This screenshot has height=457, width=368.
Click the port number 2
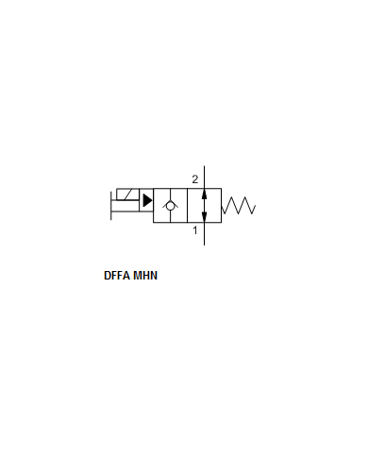pos(195,179)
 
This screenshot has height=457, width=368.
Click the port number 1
pos(195,229)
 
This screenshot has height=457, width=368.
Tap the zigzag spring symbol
pos(240,205)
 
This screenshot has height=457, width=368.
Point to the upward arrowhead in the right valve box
pos(205,193)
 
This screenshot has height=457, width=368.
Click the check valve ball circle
pos(171,205)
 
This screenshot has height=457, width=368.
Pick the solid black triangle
pos(147,200)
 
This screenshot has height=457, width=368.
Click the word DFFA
pos(117,277)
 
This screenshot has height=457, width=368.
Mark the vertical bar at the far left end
pos(111,205)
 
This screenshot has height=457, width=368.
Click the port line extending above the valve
pos(205,176)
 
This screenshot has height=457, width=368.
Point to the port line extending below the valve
pos(205,233)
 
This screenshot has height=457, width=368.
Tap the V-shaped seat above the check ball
pos(171,198)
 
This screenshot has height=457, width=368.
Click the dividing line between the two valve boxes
pos(188,205)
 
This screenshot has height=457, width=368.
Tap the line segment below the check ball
pos(171,216)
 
